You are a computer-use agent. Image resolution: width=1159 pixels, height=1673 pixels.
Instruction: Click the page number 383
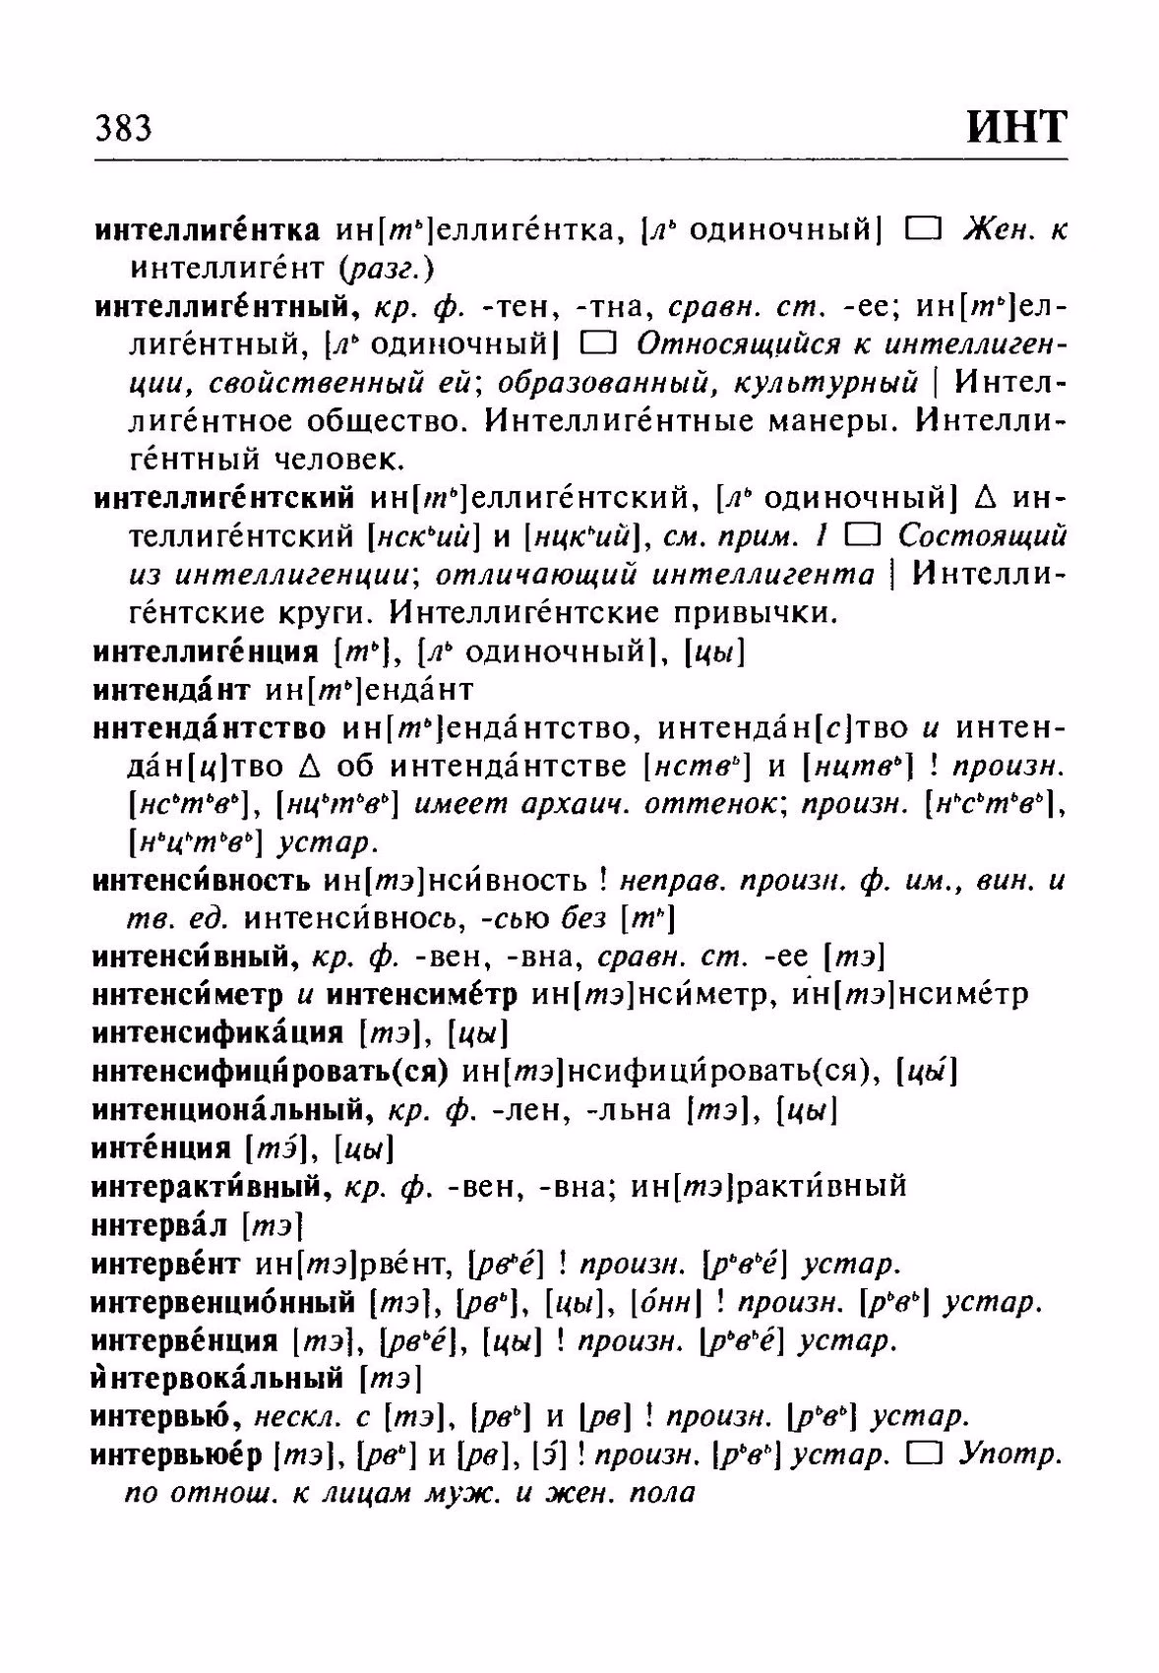(x=124, y=129)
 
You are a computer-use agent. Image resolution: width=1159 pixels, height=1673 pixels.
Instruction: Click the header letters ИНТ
(x=1015, y=127)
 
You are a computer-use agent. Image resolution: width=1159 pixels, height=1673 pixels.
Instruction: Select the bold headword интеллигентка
(x=207, y=230)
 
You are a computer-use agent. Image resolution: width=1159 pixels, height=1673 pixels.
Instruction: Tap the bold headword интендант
(x=172, y=689)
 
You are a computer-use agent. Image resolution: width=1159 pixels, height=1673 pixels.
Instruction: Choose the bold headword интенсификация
(x=217, y=1033)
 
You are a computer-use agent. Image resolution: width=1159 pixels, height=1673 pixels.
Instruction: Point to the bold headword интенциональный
(x=232, y=1110)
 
